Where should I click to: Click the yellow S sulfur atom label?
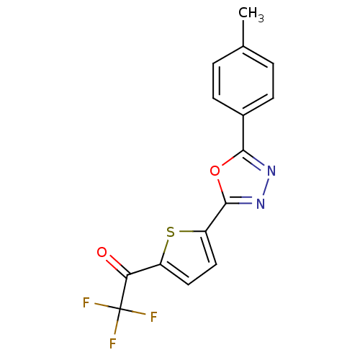[171, 232]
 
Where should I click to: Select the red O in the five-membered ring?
[215, 171]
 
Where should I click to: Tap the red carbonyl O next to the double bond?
[102, 253]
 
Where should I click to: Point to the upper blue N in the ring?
[271, 171]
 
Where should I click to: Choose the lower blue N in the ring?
[260, 203]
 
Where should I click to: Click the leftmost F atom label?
[86, 303]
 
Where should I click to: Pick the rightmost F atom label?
[153, 317]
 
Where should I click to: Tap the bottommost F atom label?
[113, 344]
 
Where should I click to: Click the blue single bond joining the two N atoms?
[266, 187]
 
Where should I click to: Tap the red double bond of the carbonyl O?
[112, 261]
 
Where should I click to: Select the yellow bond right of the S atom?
[186, 232]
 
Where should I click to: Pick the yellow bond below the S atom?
[166, 246]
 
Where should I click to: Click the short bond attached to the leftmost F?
[101, 306]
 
